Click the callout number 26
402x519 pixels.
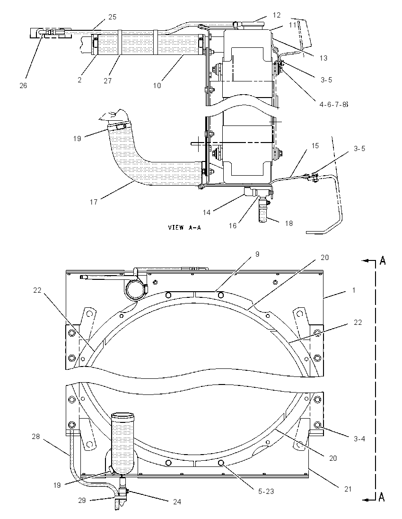[23, 85]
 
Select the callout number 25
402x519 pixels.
[113, 17]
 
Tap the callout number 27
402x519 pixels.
[107, 81]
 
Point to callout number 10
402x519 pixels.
[157, 85]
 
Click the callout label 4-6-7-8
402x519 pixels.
[334, 105]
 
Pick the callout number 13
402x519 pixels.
[323, 58]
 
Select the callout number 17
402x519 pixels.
[94, 202]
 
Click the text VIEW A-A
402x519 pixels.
[184, 227]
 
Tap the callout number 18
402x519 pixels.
[288, 224]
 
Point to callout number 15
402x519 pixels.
[315, 146]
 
